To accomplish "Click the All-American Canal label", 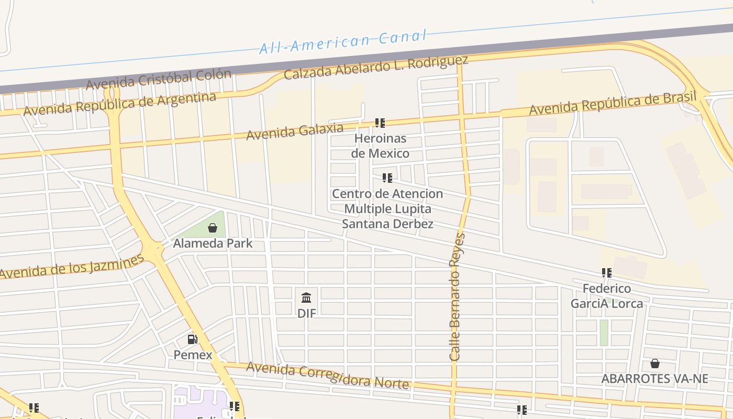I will pos(343,42).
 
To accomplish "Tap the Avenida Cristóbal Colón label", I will pos(158,79).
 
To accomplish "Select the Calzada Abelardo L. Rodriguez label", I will pos(375,68).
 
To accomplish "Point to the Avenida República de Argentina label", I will pos(119,104).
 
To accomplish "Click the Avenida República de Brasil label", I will pos(613,103).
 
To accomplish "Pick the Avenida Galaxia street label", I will pos(295,131).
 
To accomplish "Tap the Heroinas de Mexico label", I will pos(380,146).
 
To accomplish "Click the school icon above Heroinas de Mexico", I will pos(380,123).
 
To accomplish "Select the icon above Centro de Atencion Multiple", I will pos(387,178).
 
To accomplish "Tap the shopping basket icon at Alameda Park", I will pos(213,228).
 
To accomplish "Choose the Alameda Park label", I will pos(213,244).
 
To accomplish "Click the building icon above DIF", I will pos(307,298).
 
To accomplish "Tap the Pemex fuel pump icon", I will pos(193,339).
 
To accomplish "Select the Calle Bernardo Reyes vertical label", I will pos(457,297).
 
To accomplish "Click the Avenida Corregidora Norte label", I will pos(327,376).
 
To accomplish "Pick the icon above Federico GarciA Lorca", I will pos(607,273).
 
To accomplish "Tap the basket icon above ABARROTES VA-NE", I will pos(654,363).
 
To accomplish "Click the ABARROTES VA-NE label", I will pos(654,379).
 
